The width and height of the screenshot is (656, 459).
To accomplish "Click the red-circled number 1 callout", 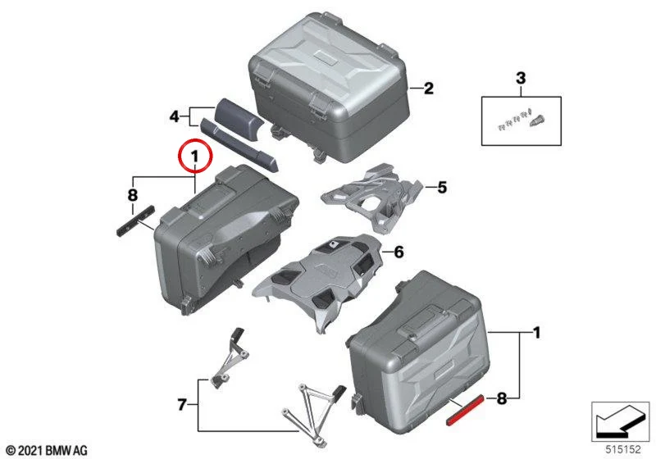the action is [195, 157].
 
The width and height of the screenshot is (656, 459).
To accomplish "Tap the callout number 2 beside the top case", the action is [428, 89].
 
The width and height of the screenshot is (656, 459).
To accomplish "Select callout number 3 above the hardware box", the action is [521, 78].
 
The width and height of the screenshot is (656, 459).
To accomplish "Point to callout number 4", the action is [175, 116].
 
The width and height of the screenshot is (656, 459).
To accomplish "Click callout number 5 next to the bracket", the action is [442, 187].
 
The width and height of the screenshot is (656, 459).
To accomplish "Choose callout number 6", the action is [399, 252].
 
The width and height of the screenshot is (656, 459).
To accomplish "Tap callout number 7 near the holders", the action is [181, 404].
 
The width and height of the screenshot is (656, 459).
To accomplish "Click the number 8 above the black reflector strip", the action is [132, 195].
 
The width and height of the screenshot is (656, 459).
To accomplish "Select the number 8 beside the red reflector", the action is [502, 398].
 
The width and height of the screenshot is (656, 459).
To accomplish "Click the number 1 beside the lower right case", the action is [536, 333].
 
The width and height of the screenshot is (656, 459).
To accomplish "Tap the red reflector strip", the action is [465, 409].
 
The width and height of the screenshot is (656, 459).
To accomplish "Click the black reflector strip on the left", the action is [135, 220].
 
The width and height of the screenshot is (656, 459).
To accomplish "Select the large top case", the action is [329, 87].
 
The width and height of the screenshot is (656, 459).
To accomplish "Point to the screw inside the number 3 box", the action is [536, 120].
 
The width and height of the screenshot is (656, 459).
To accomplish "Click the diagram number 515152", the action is [623, 449].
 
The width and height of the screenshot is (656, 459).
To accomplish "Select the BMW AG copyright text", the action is [48, 451].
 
